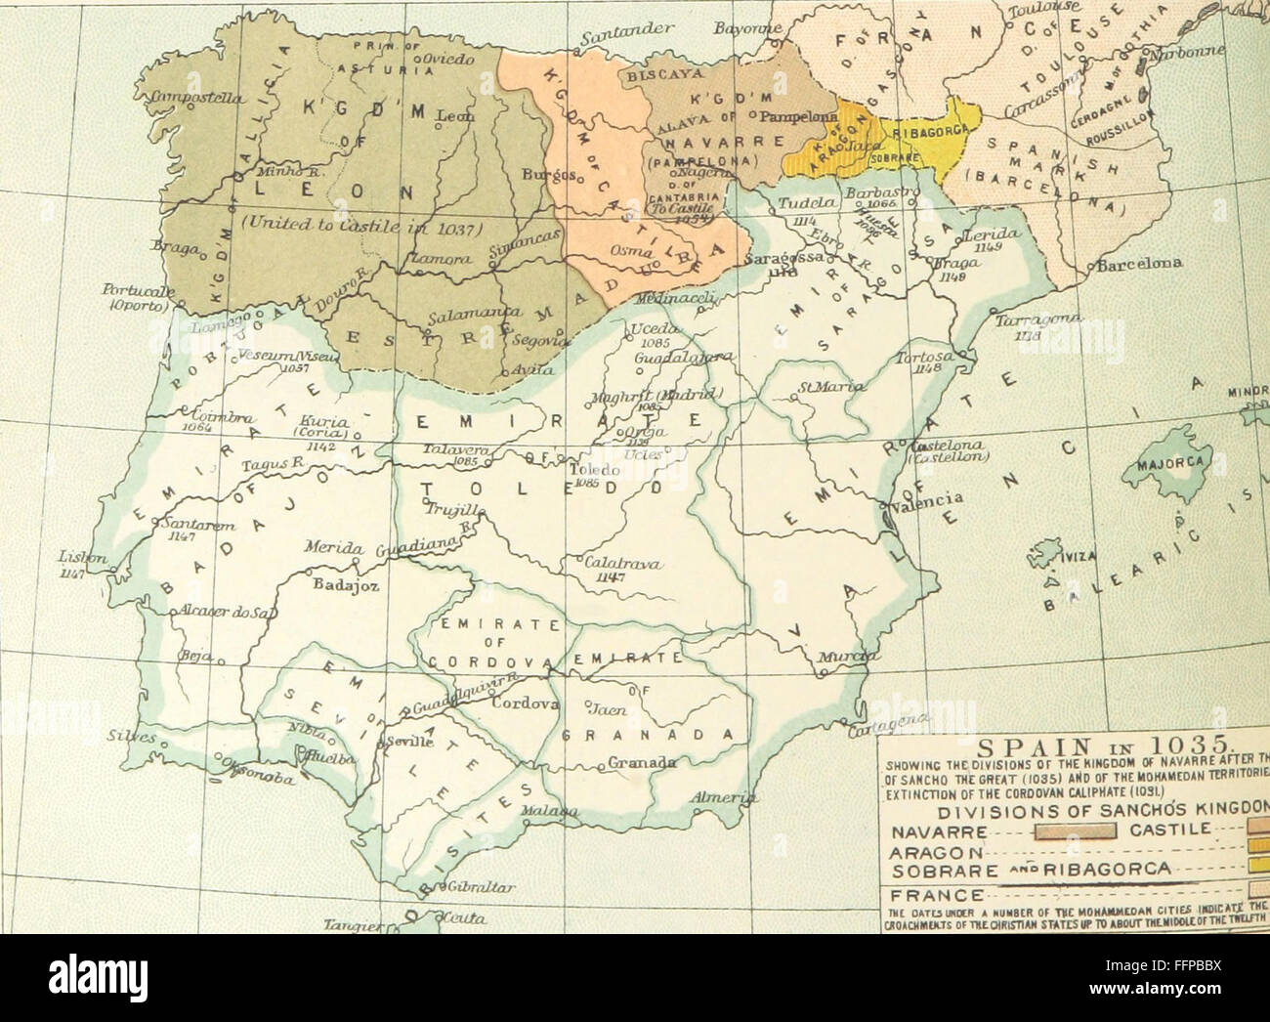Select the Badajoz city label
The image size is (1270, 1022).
337,586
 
